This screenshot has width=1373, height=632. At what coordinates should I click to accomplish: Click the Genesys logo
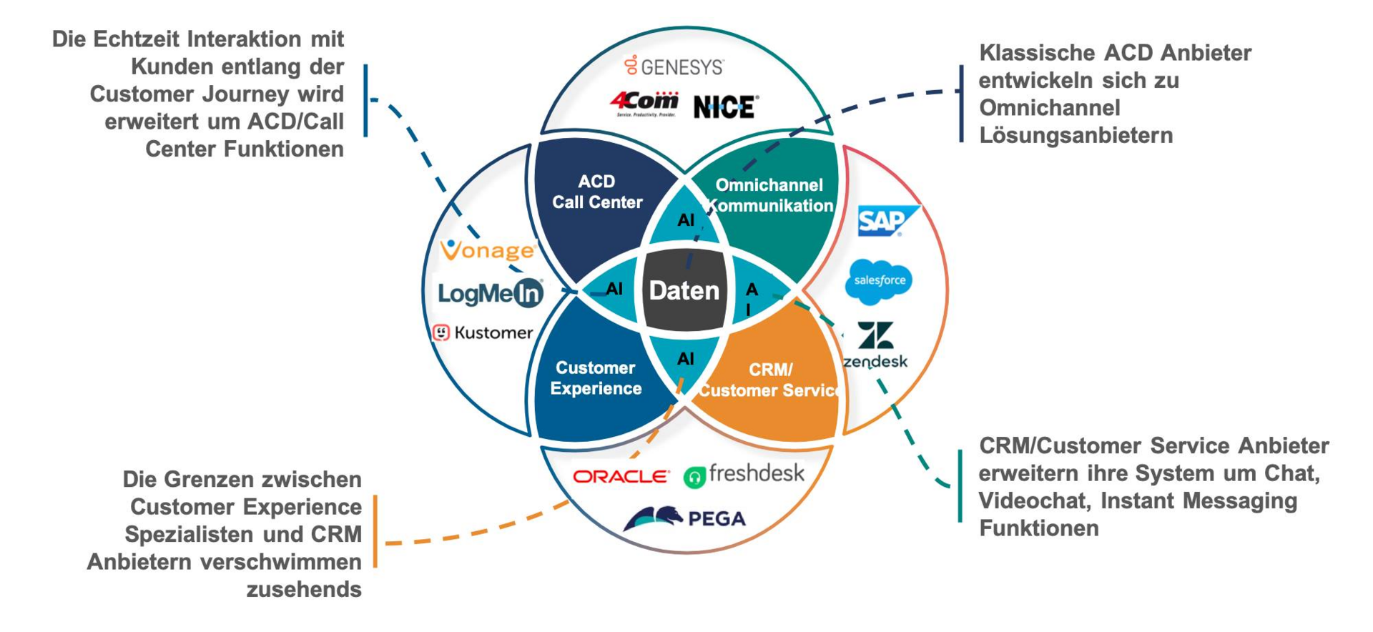coord(674,66)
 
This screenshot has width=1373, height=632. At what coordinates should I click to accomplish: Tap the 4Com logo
coord(644,104)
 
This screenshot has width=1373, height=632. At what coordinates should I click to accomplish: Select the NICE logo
coord(726,107)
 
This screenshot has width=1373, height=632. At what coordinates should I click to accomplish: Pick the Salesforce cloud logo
coord(879,281)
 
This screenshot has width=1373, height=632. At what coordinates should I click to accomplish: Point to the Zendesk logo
coord(875,345)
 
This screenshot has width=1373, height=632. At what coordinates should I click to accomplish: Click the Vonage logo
coord(488,250)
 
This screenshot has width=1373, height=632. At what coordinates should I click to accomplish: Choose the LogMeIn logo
coord(491,293)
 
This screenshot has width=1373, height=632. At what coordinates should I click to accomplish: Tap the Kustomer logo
coord(483,332)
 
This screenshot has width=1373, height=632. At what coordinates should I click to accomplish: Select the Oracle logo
coord(621,476)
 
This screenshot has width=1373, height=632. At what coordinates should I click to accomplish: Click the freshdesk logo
coord(744,475)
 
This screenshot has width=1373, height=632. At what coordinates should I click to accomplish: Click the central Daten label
coord(684,290)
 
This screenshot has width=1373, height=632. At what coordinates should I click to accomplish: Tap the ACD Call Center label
coord(597,192)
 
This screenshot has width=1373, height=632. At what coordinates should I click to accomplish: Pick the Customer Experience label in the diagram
coord(596,378)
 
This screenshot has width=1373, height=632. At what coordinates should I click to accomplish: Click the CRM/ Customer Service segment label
coord(769,380)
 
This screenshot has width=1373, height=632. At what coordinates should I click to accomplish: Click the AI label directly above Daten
coord(686,220)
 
